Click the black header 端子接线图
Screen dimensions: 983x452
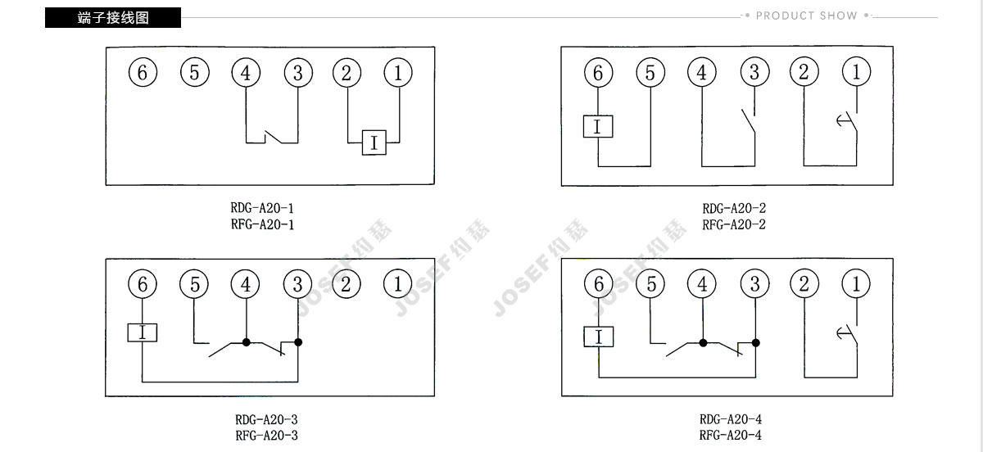tap(113, 17)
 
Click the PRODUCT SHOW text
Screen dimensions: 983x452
tap(806, 16)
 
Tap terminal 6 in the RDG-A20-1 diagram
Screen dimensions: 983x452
tap(143, 72)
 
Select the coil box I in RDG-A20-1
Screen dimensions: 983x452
tap(374, 142)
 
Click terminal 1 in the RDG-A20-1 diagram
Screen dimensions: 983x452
tap(398, 72)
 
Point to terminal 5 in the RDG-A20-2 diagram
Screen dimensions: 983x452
tap(650, 72)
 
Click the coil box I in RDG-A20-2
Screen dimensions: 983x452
tap(598, 126)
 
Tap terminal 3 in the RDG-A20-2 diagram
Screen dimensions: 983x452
tap(754, 72)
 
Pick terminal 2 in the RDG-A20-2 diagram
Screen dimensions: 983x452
tap(804, 72)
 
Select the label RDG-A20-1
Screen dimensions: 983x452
tap(262, 207)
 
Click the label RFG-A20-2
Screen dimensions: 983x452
tap(734, 224)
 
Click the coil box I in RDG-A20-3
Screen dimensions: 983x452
tap(143, 332)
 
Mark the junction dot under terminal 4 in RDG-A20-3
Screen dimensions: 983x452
tap(247, 342)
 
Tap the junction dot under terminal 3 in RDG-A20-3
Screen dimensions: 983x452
tap(298, 342)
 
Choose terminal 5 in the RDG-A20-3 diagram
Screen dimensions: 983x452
tap(194, 284)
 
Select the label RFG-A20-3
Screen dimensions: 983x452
tap(266, 436)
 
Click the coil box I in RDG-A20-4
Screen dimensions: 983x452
tap(599, 337)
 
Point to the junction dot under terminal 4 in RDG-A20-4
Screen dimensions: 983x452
tap(703, 343)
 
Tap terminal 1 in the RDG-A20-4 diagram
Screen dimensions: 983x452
tap(856, 284)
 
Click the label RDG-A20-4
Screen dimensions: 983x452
tap(731, 419)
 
